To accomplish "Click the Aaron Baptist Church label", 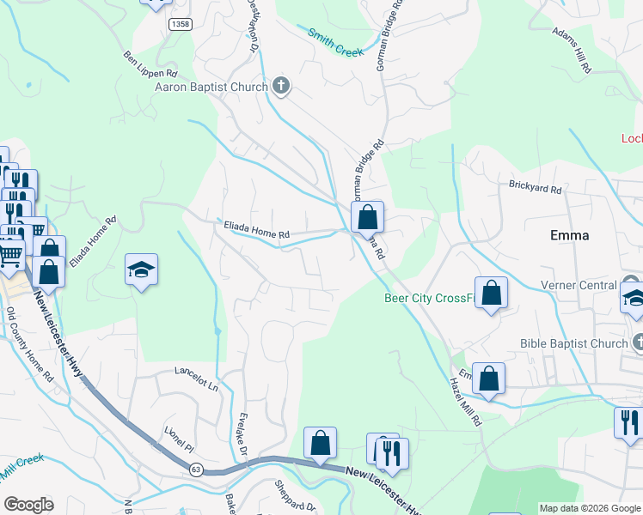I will pyautogui.click(x=211, y=86).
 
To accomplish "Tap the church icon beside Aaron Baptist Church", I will pyautogui.click(x=281, y=86).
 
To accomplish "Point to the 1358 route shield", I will pyautogui.click(x=181, y=24).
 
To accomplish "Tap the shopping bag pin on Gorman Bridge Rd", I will pyautogui.click(x=367, y=218).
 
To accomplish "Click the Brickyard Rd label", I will pyautogui.click(x=534, y=186).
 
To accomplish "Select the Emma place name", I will pyautogui.click(x=570, y=235).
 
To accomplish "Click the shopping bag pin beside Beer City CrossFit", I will pyautogui.click(x=492, y=293).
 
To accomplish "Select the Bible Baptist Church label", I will pyautogui.click(x=573, y=344).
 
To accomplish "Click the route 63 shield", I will pyautogui.click(x=196, y=469).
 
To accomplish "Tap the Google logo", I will pyautogui.click(x=28, y=505).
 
